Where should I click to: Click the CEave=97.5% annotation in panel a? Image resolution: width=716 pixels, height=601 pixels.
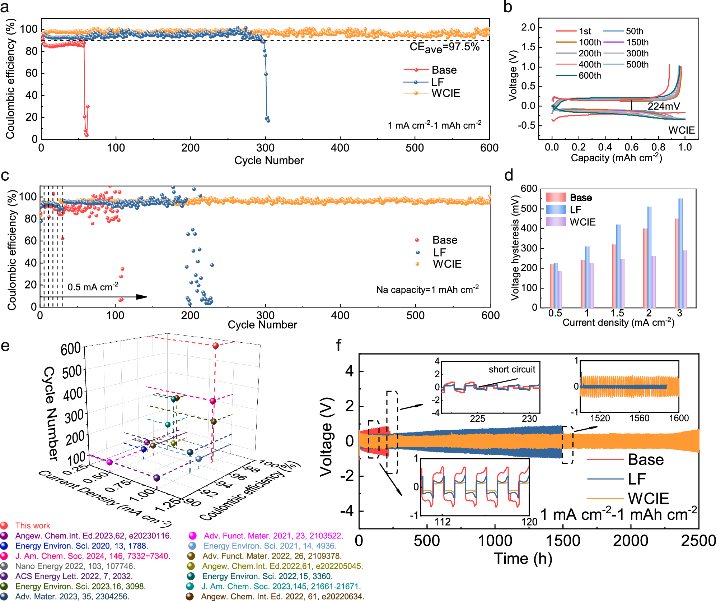(444, 47)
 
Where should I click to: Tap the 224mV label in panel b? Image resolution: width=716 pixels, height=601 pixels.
(664, 106)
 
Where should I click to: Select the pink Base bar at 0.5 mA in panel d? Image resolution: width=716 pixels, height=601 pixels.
(552, 286)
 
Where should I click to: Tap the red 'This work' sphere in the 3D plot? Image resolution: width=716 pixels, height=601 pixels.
(215, 346)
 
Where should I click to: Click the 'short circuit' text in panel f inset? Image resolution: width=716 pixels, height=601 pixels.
(511, 369)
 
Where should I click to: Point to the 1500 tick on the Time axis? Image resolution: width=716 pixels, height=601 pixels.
(563, 541)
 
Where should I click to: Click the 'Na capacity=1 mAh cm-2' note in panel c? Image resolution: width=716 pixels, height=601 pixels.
(427, 290)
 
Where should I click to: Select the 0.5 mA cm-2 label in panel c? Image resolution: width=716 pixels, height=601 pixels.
(93, 287)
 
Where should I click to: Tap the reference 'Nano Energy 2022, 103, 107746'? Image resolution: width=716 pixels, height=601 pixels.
(75, 566)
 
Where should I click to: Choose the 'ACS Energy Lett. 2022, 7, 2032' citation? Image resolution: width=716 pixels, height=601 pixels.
(74, 576)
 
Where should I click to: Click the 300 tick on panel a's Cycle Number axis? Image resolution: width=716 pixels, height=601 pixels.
(266, 148)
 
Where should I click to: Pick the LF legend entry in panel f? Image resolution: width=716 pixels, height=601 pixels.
(637, 479)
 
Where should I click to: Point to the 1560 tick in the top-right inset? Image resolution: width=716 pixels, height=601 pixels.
(639, 418)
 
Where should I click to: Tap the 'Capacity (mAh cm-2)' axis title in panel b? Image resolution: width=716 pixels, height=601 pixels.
(616, 158)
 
